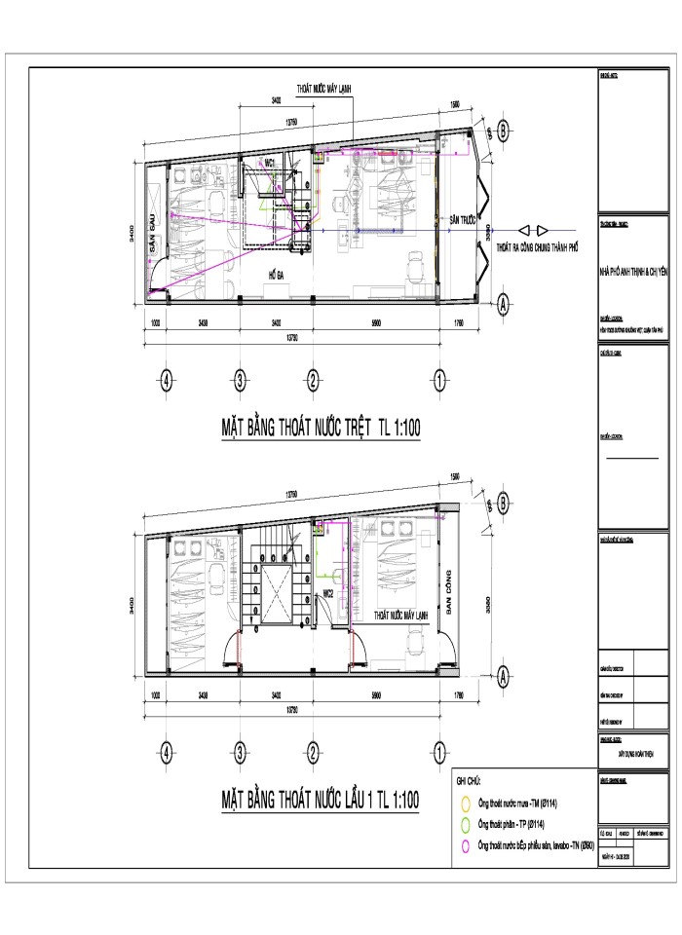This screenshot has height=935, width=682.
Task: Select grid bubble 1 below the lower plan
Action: tap(439, 751)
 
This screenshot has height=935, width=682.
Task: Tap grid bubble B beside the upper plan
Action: tap(503, 130)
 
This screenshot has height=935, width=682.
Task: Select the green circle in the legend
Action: tap(467, 825)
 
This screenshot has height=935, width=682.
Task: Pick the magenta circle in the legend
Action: tap(467, 845)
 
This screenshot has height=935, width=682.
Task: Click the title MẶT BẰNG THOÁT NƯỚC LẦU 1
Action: tap(320, 801)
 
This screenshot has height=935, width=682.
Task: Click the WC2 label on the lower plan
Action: tap(329, 592)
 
